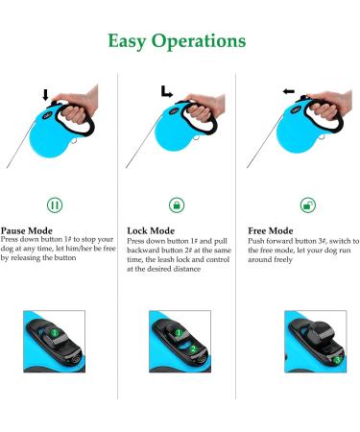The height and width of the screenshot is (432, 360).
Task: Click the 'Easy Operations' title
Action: coord(177,41)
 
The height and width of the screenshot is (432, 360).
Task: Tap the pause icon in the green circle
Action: coord(55,204)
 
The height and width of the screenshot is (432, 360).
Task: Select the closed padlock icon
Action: coord(177,204)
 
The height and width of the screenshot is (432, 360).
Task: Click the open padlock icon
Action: coord(308,204)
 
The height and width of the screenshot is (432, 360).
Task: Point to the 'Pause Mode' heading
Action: coord(27,230)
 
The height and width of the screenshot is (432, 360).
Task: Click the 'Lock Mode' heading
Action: coord(151,230)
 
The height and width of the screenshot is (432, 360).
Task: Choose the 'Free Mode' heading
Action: coord(271,230)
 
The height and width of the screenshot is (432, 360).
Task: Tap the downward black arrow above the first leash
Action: coord(45,95)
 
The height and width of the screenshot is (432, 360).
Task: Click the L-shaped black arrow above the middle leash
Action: coord(166,91)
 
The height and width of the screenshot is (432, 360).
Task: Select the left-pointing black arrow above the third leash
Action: coord(288,91)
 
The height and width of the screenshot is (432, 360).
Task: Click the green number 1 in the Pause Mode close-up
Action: coord(55,333)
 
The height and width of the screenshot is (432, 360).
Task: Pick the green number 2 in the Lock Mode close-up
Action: coord(193,348)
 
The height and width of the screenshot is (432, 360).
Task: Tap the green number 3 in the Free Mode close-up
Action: coord(337,360)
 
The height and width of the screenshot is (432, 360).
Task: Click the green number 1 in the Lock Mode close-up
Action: coord(179,333)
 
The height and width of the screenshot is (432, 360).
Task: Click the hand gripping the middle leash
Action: coord(204,108)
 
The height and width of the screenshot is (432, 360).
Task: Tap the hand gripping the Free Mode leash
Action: coord(331,104)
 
